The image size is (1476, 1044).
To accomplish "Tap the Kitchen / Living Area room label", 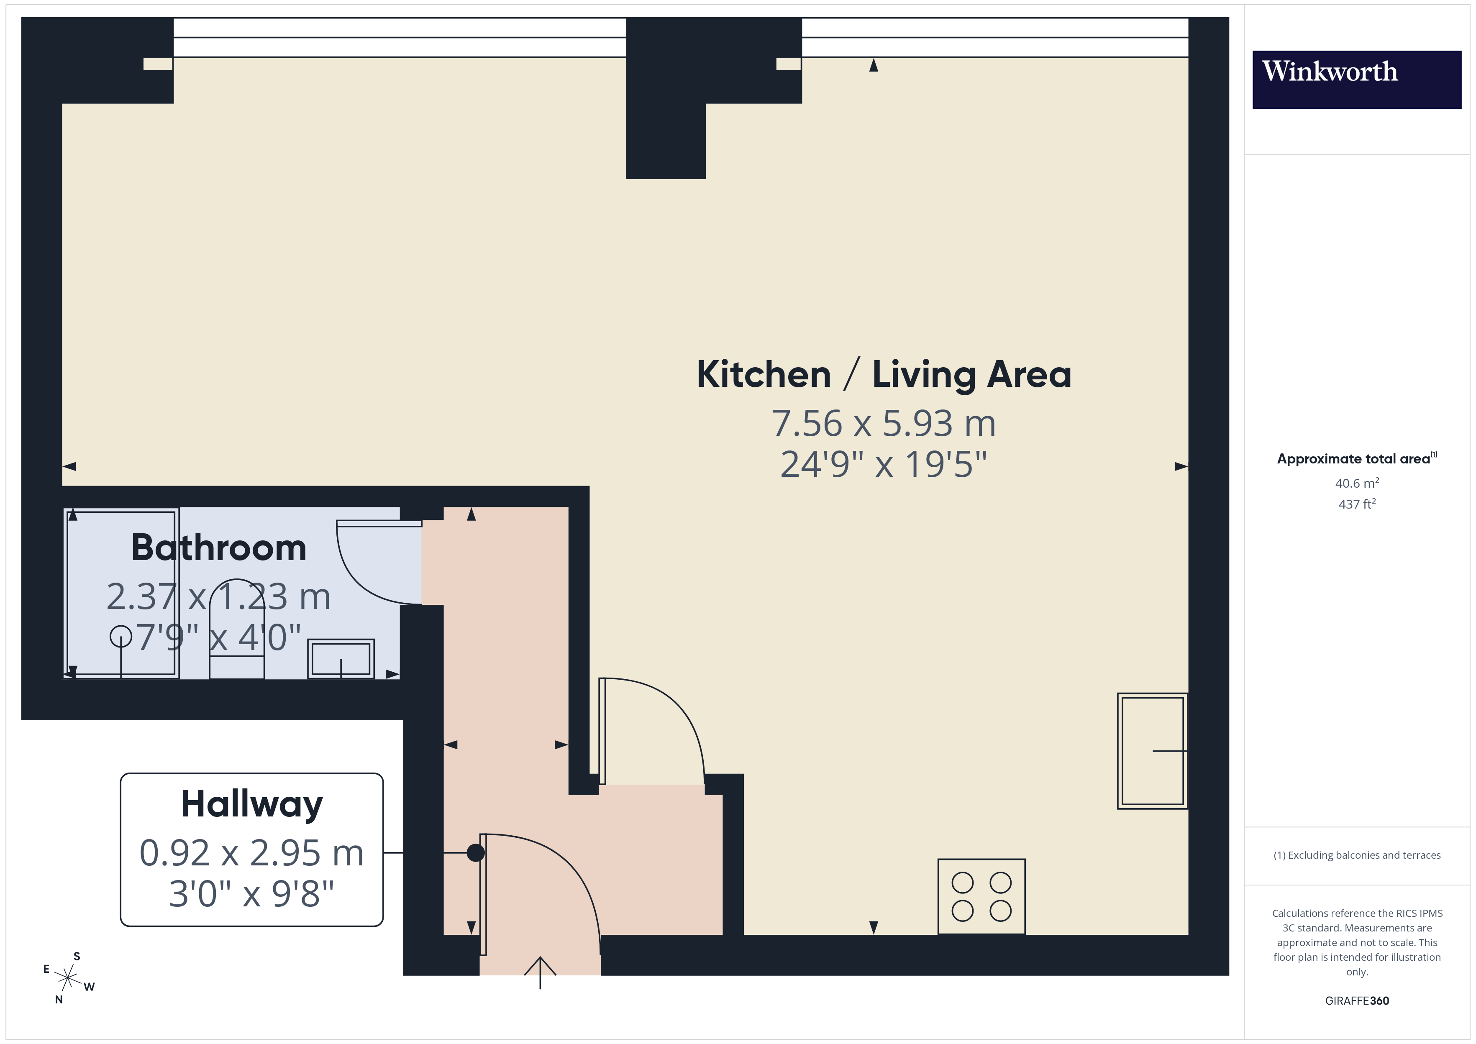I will tap(884, 374).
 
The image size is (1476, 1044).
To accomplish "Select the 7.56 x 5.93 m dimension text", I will tap(884, 424).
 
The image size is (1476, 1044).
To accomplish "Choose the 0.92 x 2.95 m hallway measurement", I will tap(251, 853).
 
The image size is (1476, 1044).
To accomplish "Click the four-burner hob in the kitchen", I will tap(981, 896).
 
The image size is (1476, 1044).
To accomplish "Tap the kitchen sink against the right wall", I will tap(1152, 750).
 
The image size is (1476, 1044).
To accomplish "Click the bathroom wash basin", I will tap(341, 658).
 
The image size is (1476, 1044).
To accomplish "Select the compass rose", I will tap(67, 978).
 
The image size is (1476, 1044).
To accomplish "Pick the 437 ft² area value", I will tap(1356, 504).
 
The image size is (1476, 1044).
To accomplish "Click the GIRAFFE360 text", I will tap(1356, 1001).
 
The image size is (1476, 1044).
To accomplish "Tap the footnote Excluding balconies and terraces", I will tap(1356, 855).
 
